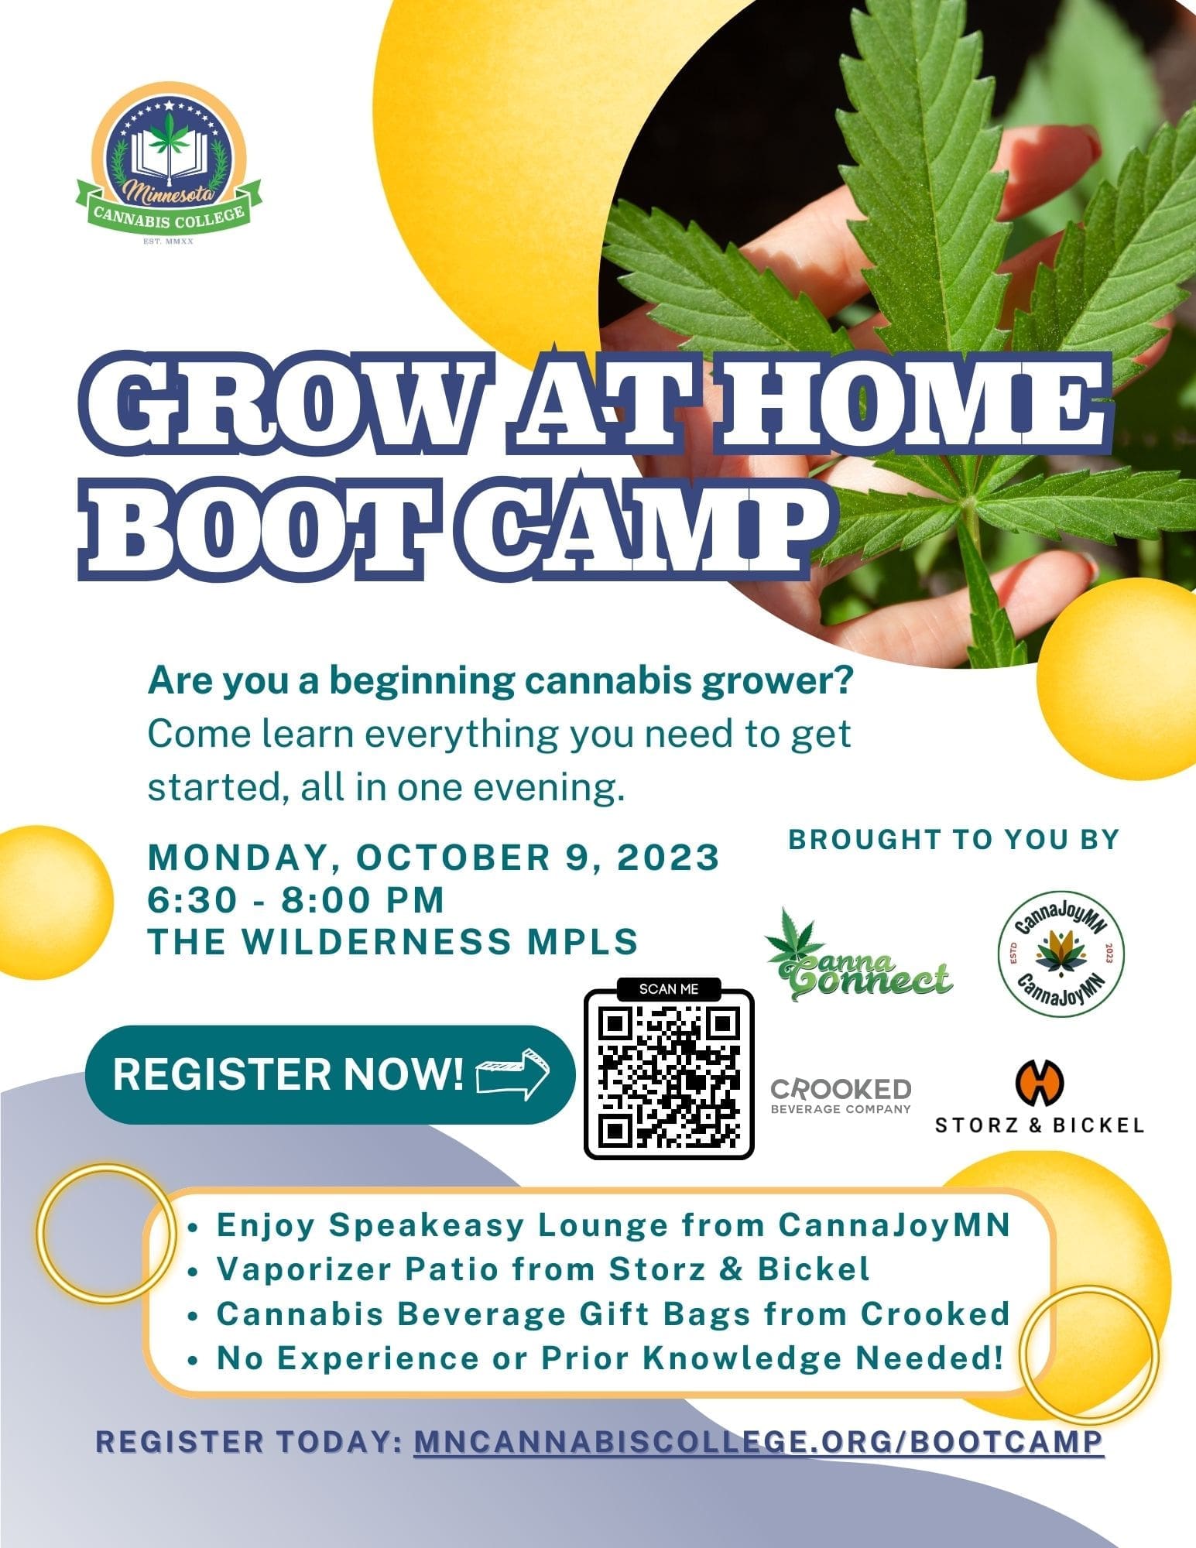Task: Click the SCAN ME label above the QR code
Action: click(669, 988)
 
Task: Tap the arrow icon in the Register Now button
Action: click(512, 1074)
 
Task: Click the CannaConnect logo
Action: click(855, 957)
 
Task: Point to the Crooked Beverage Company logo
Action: click(841, 1094)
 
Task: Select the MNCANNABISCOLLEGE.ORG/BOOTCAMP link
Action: click(759, 1441)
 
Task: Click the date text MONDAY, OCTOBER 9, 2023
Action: click(434, 858)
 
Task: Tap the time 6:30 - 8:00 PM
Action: click(296, 899)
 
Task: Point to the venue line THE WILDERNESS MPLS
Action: click(392, 941)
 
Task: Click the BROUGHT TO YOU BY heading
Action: click(954, 839)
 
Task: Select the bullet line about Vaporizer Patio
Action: click(542, 1269)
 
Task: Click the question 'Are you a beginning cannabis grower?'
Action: click(500, 682)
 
